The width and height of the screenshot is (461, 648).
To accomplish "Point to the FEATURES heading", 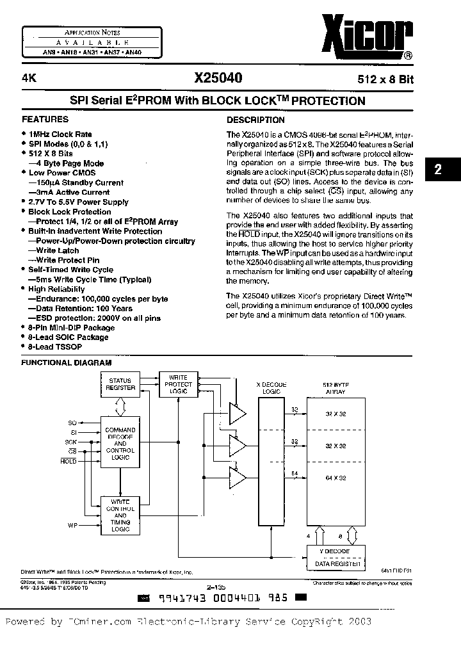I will click(45, 119).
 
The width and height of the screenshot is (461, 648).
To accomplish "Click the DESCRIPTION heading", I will click(255, 120).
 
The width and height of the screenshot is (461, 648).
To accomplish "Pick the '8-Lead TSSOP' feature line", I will click(53, 346).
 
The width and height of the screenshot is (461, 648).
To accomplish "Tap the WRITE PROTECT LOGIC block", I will click(178, 384).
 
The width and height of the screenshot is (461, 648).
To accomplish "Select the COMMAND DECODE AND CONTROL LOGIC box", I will click(120, 443).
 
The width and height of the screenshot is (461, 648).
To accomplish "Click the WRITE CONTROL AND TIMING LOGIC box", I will click(120, 515).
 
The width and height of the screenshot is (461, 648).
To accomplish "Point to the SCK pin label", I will click(71, 442).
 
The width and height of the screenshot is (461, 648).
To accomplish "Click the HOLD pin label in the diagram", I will click(69, 461).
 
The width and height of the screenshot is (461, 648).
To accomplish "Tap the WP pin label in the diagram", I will click(72, 524).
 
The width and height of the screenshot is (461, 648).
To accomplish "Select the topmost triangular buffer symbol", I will click(238, 414).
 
